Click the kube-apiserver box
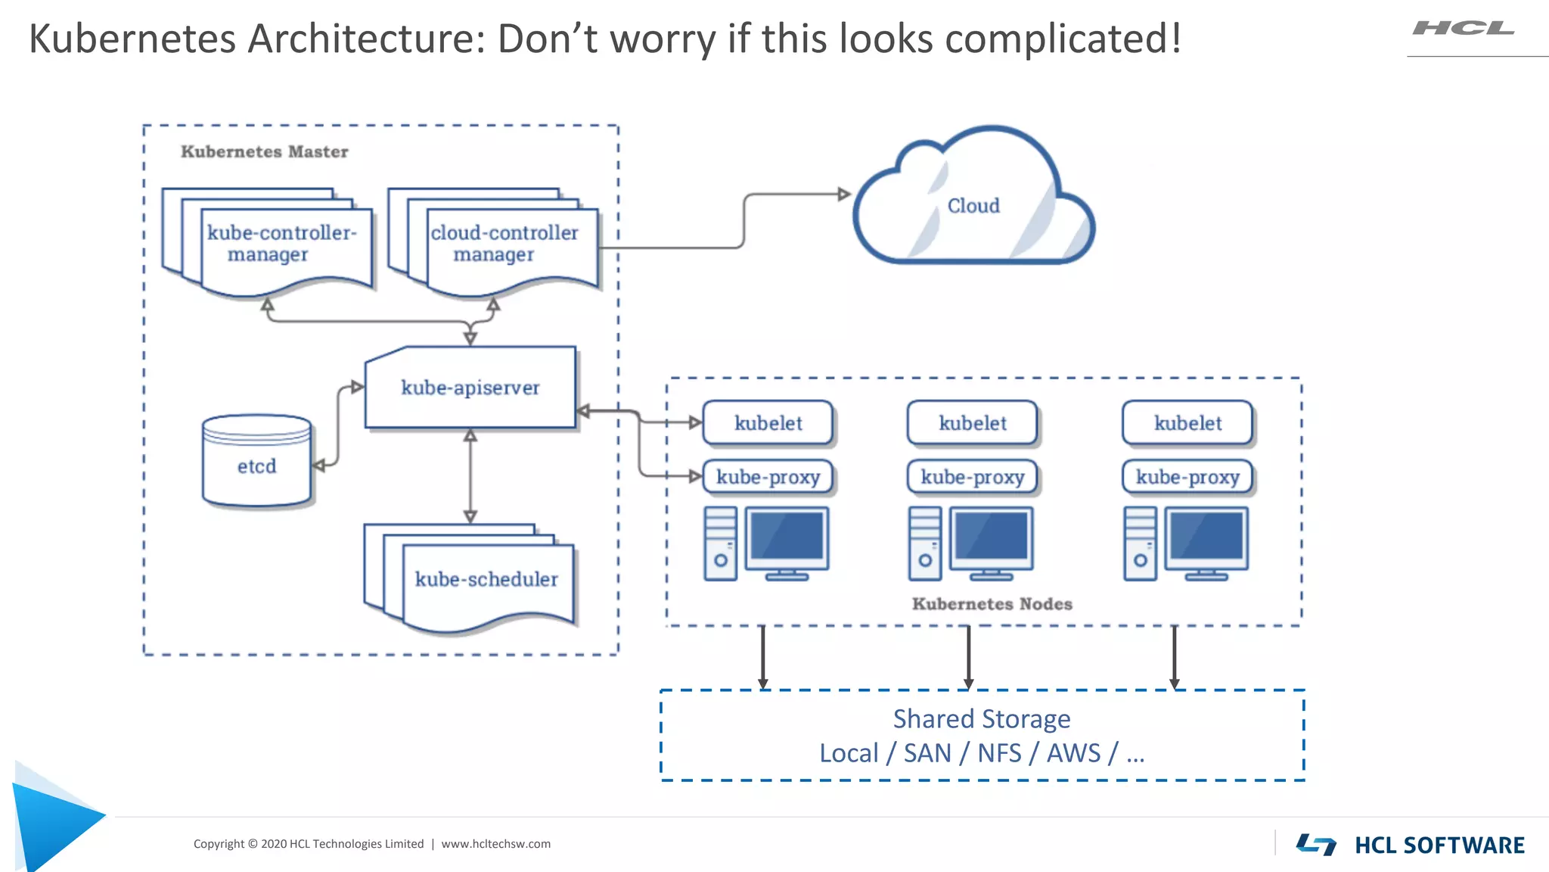(x=470, y=388)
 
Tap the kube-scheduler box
(x=486, y=579)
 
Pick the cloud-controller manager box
(x=504, y=244)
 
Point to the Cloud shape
(x=973, y=206)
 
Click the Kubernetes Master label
(x=264, y=151)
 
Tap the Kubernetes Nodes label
(x=992, y=604)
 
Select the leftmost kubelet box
(x=768, y=423)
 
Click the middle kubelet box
(x=972, y=423)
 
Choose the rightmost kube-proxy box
(x=1187, y=477)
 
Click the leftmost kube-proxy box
(x=768, y=477)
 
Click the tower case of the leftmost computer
(x=720, y=543)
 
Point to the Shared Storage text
(x=982, y=718)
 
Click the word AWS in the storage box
(x=1073, y=753)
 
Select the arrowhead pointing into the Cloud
(x=844, y=195)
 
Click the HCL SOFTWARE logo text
(x=1439, y=845)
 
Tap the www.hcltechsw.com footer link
(x=495, y=843)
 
